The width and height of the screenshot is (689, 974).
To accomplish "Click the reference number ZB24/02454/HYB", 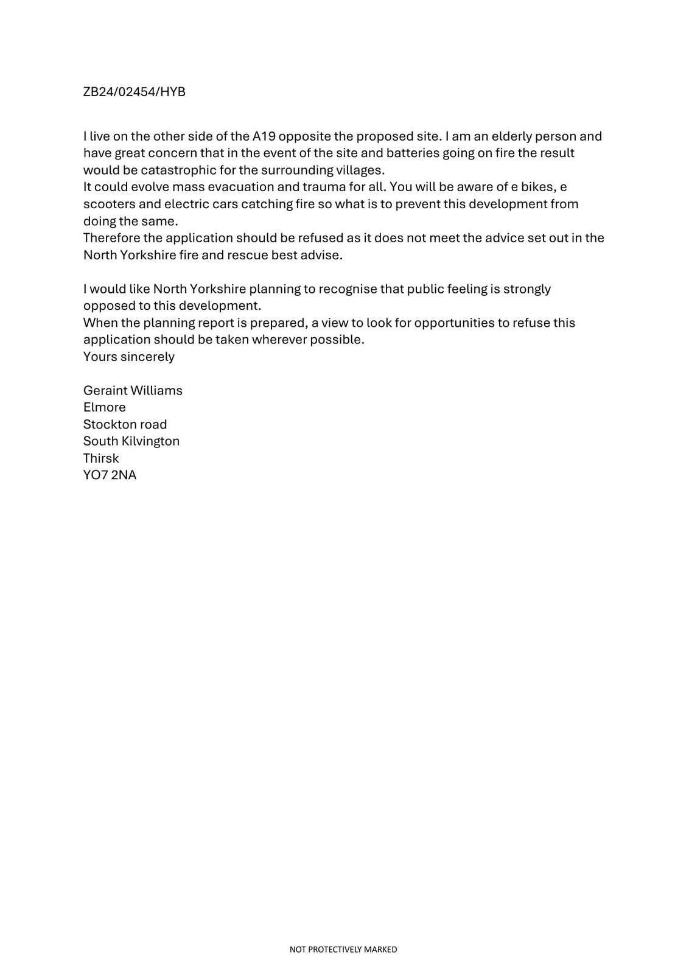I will coord(134,92).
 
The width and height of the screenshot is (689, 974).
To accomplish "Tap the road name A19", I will coord(264,136).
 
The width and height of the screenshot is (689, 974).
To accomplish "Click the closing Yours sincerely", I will coord(129,357).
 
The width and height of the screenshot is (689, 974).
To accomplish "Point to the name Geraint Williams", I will coord(133,390).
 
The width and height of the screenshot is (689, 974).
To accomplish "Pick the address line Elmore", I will coord(105,407).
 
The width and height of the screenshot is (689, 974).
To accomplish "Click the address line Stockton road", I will coord(125,424).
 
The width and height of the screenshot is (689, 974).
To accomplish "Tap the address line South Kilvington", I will coord(131,441).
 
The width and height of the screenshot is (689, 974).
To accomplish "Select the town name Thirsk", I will coord(101,458).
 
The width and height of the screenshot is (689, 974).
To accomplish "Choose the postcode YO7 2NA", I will coord(110,475).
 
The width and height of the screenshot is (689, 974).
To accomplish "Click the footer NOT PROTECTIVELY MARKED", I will coord(343,949).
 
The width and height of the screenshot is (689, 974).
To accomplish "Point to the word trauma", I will coord(324,187).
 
